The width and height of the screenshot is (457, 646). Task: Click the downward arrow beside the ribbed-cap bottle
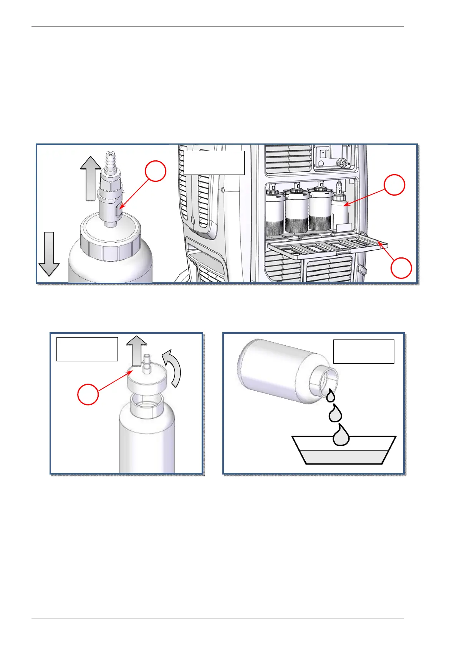point(49,254)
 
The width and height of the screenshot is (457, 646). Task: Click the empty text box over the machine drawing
point(214,163)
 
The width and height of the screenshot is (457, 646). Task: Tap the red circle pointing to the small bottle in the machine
point(394,185)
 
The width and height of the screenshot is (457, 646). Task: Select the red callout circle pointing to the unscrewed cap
point(88,395)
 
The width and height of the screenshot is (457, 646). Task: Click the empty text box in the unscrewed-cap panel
point(87,349)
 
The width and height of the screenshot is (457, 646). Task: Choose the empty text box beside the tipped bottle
point(363,351)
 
